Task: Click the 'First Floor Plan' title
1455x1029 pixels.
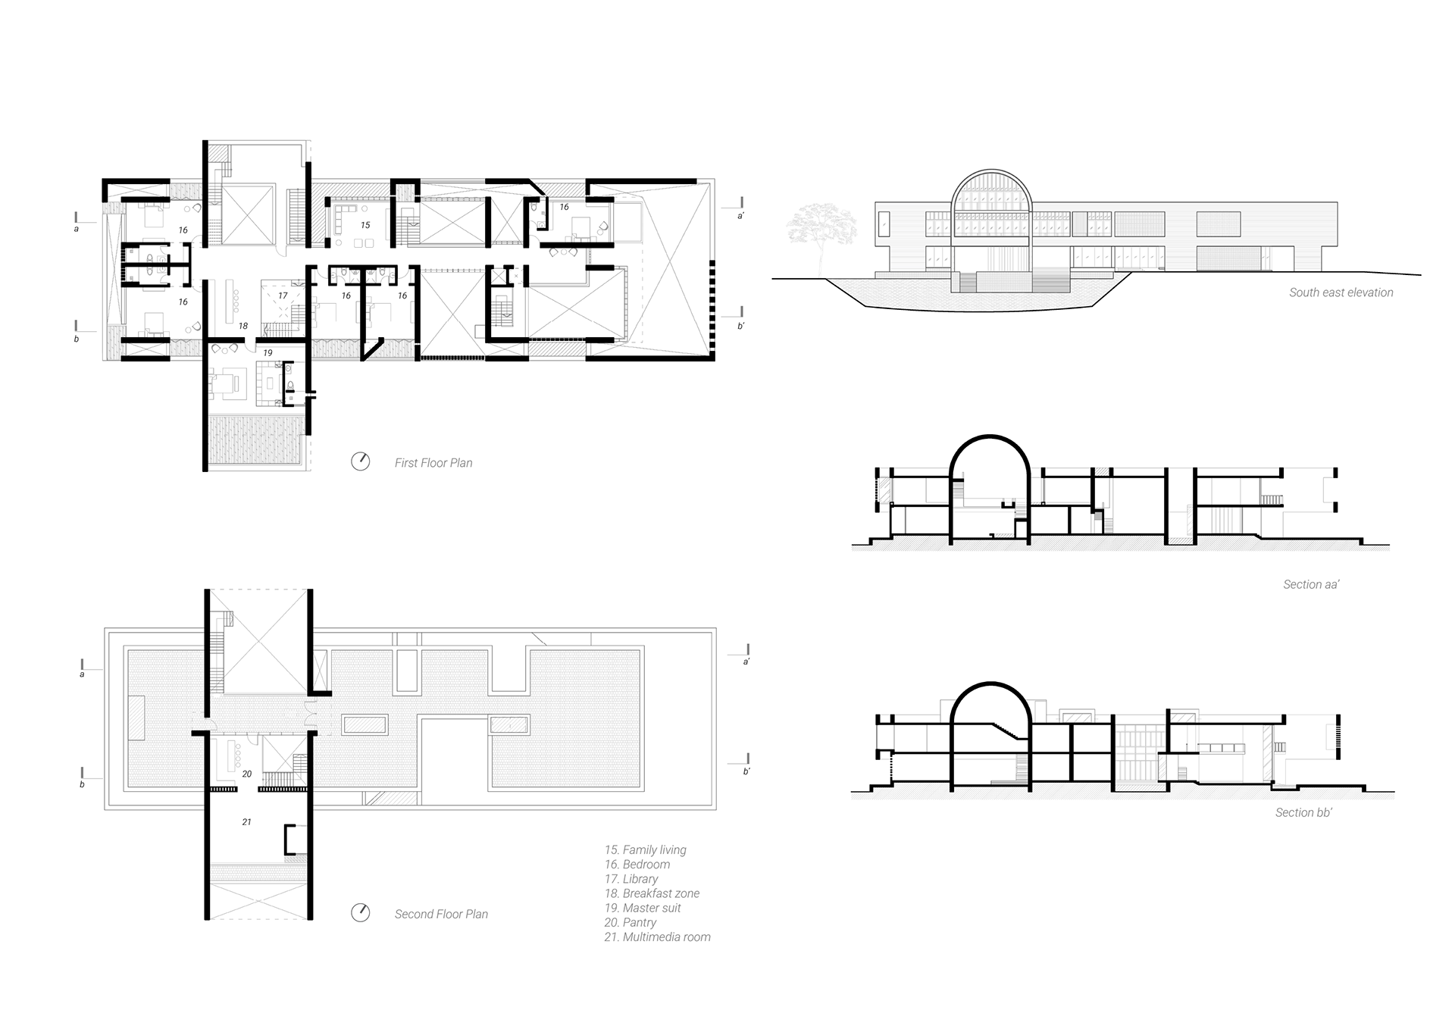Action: point(433,463)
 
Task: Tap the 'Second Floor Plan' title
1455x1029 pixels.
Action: point(441,915)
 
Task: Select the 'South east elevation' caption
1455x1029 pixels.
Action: point(1341,292)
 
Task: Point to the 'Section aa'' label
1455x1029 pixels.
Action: point(1310,584)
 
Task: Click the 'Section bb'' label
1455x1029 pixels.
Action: point(1303,812)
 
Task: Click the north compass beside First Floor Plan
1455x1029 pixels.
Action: point(361,461)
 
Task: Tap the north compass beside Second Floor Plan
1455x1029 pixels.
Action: point(361,913)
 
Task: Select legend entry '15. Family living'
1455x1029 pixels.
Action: point(645,850)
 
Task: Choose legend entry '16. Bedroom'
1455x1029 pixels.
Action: point(637,865)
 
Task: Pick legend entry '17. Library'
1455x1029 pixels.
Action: point(630,879)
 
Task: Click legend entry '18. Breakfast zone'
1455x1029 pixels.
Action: point(652,893)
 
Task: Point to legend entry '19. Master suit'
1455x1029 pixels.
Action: point(642,908)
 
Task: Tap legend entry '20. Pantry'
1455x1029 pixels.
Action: point(630,922)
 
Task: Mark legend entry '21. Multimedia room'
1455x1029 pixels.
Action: point(657,937)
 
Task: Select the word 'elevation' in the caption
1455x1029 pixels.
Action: point(1368,292)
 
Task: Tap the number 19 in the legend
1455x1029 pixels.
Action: point(611,908)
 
